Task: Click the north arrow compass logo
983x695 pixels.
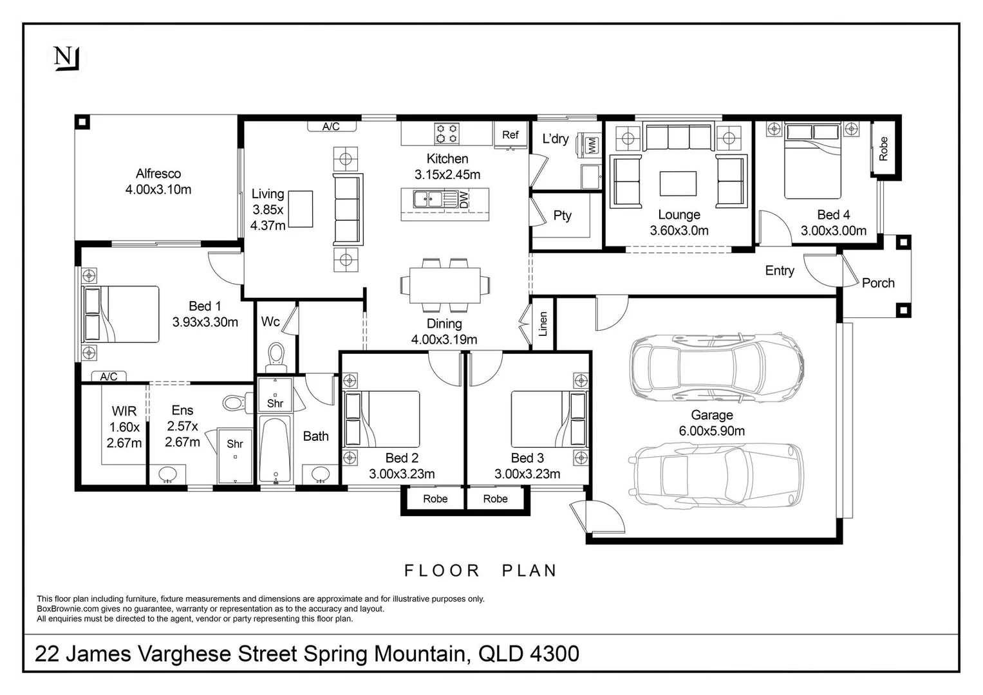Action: coord(66,59)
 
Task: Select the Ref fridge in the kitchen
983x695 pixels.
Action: coord(510,135)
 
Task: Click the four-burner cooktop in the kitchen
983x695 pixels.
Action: coord(447,133)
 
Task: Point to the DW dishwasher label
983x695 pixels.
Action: coord(465,199)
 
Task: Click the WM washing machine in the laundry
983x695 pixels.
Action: coord(590,144)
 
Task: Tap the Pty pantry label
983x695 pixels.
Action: coord(562,216)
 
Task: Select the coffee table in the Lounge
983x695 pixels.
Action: coord(678,183)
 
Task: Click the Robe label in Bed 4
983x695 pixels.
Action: coord(883,149)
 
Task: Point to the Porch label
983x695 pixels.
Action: coord(878,283)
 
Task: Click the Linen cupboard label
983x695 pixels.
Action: coord(543,324)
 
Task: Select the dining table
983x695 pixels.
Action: coord(444,284)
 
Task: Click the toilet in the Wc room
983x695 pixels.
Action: coord(276,355)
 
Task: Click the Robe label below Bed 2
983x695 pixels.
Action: coord(435,499)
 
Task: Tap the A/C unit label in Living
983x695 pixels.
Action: coord(331,127)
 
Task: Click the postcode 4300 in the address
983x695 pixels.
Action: coord(554,654)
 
